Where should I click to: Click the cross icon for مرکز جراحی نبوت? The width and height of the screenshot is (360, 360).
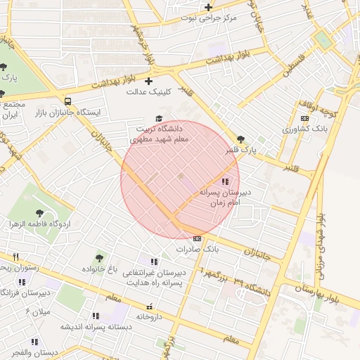coord(208,8)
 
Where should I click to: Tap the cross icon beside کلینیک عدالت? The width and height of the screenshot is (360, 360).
coord(148,81)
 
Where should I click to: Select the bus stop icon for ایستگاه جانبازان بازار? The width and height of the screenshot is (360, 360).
coord(67,101)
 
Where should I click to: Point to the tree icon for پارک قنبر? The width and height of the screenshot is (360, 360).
coord(242,139)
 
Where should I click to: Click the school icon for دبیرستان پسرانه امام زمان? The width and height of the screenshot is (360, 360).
coord(224,181)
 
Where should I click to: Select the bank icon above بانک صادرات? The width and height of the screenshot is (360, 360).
coord(198,238)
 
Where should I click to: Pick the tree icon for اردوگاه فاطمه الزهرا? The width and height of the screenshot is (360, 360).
coord(39,213)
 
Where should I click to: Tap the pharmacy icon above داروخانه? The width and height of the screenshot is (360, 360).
coord(148,306)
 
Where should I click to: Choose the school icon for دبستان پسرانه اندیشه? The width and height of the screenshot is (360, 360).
coord(95,316)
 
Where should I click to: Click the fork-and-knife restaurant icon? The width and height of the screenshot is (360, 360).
coord(15,257)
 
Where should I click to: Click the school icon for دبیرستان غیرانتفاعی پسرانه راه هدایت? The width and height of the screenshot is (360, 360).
coord(153,262)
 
